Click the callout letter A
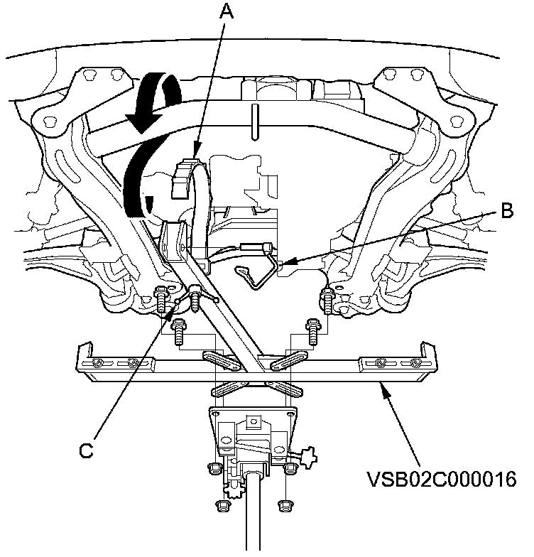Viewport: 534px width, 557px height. (226, 11)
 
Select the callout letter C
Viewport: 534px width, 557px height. (86, 450)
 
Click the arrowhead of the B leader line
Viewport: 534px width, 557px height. (282, 266)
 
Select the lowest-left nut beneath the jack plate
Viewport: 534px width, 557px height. (222, 507)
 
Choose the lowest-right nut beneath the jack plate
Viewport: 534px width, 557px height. (286, 504)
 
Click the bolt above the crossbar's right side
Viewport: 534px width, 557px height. (311, 327)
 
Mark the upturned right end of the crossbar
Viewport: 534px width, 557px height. (429, 352)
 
